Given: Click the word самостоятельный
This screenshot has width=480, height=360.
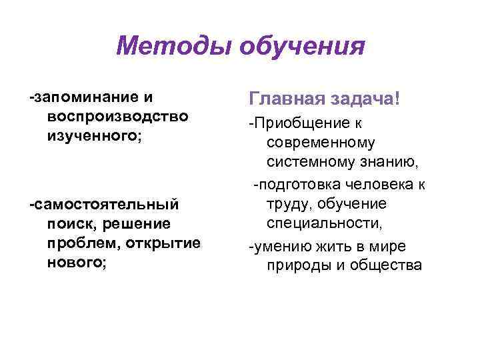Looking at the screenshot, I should (x=105, y=202).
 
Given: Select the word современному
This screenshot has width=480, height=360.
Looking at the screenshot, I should (x=321, y=142).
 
